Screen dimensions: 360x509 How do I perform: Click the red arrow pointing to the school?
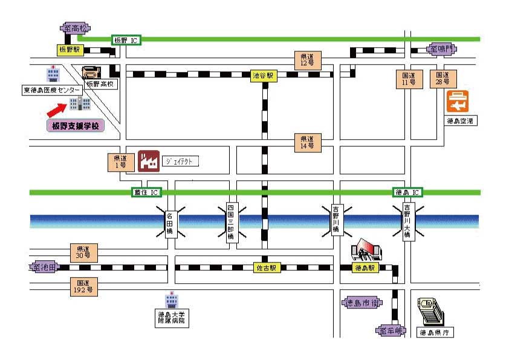pyautogui.click(x=58, y=110)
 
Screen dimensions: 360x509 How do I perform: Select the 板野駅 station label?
pyautogui.click(x=69, y=50)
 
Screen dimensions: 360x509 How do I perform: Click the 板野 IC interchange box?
pyautogui.click(x=126, y=40)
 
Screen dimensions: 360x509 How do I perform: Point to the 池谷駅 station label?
pyautogui.click(x=264, y=76)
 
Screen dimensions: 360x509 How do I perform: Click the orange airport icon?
pyautogui.click(x=458, y=101)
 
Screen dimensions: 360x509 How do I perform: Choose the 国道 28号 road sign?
pyautogui.click(x=443, y=77)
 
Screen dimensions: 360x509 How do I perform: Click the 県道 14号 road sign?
pyautogui.click(x=307, y=143)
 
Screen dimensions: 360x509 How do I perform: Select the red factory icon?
pyautogui.click(x=148, y=161)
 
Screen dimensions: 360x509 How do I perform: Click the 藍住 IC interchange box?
pyautogui.click(x=146, y=192)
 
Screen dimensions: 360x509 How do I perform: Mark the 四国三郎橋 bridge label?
pyautogui.click(x=230, y=222)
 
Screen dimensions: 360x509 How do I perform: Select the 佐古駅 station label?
pyautogui.click(x=267, y=267)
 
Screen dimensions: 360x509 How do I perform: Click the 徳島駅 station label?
pyautogui.click(x=365, y=267)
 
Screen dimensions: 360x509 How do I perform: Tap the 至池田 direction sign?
pyautogui.click(x=44, y=266)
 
